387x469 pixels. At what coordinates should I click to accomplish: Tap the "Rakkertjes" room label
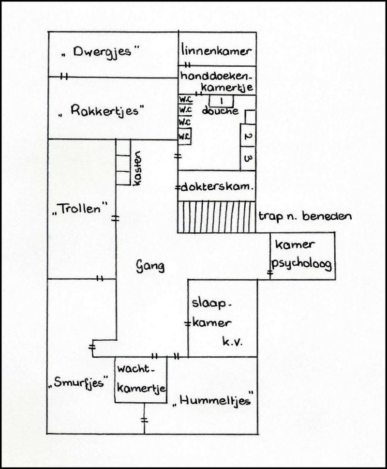click(101, 111)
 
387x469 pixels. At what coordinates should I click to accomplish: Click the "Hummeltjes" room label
click(213, 399)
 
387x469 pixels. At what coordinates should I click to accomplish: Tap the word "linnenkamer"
click(216, 51)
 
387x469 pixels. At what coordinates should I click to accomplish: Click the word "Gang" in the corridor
click(150, 266)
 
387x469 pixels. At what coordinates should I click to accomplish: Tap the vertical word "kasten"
click(138, 168)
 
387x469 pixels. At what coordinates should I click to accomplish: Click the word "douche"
click(221, 111)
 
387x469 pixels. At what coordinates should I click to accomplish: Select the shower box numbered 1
click(222, 101)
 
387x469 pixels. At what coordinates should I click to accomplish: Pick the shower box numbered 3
click(247, 159)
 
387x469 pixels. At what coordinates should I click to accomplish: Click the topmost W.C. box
click(185, 99)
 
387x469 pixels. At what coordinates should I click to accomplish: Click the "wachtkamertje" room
click(141, 379)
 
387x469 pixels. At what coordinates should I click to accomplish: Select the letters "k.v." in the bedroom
click(232, 342)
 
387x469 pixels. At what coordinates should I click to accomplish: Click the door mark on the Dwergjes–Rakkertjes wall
click(63, 76)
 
